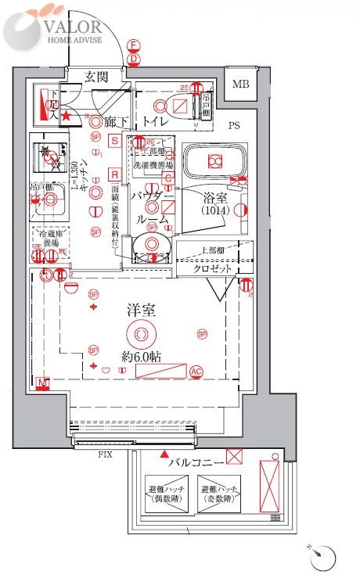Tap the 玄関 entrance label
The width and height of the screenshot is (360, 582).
[x=97, y=77]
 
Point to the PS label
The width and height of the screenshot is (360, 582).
[x=234, y=125]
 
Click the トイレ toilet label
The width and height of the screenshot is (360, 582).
[x=157, y=121]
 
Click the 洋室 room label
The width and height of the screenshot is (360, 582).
[x=141, y=310]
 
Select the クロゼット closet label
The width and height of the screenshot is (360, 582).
[x=213, y=268]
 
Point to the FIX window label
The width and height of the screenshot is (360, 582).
[x=104, y=454]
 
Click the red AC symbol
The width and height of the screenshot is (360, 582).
[x=196, y=372]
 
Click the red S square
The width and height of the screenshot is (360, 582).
[x=115, y=140]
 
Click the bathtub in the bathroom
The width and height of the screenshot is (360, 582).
[x=214, y=162]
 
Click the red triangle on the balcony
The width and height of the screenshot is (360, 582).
[x=164, y=454]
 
